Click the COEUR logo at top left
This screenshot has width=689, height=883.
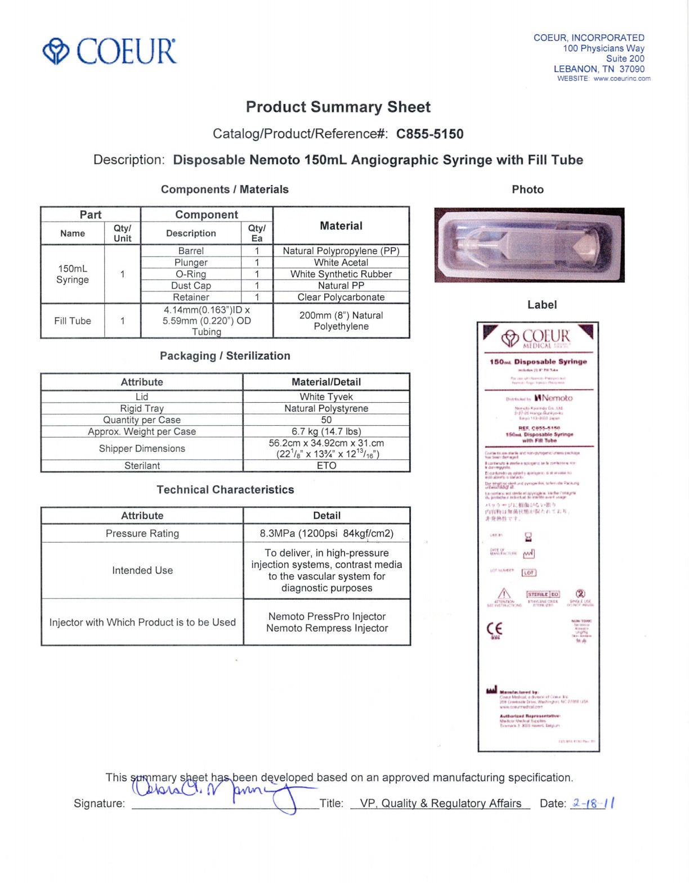click(x=110, y=51)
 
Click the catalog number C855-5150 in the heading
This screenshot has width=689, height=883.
click(x=429, y=134)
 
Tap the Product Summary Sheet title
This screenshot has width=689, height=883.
click(x=338, y=107)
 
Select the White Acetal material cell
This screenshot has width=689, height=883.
click(x=341, y=262)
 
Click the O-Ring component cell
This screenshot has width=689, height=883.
click(x=191, y=274)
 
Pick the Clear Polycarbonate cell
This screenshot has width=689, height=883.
click(x=341, y=297)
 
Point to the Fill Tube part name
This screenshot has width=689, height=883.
click(x=72, y=321)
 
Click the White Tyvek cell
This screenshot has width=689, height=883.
click(x=326, y=397)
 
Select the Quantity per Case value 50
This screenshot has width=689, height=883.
click(x=326, y=420)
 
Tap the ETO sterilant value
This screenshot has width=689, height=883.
click(x=326, y=466)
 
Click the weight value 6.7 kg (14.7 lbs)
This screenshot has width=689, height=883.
click(x=326, y=431)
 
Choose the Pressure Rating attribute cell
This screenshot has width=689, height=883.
click(x=142, y=533)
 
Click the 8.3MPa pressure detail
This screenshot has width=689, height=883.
click(x=326, y=533)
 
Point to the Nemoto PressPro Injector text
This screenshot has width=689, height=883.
click(x=326, y=616)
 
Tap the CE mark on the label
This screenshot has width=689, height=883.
click(x=494, y=629)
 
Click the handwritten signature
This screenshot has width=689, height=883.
click(x=220, y=790)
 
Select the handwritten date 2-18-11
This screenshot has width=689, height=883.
click(x=593, y=803)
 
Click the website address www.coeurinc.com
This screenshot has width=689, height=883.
click(x=621, y=79)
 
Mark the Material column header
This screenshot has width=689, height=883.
click(x=341, y=226)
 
